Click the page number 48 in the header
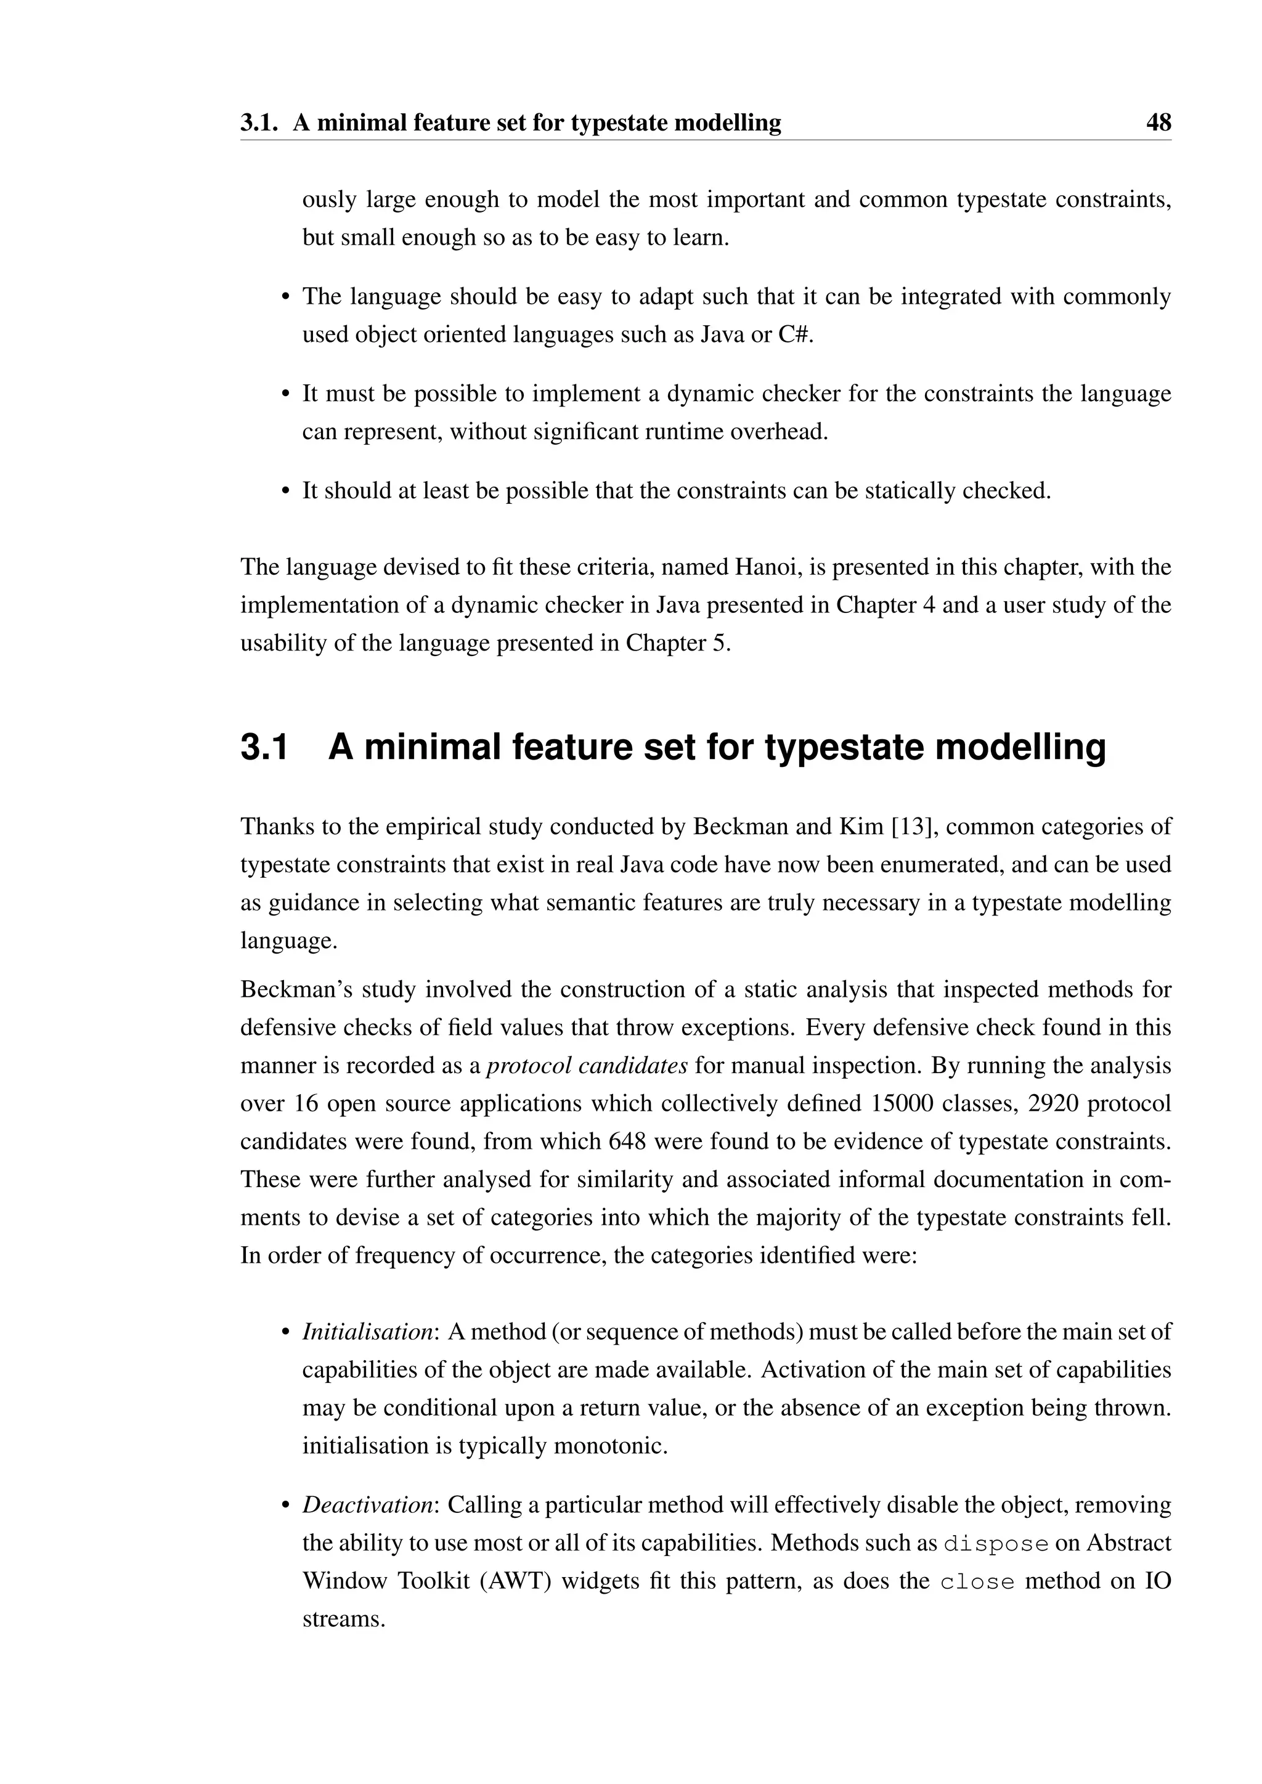tap(1158, 123)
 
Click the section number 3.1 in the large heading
tap(264, 747)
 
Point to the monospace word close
tap(977, 1582)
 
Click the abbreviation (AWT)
tap(515, 1581)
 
